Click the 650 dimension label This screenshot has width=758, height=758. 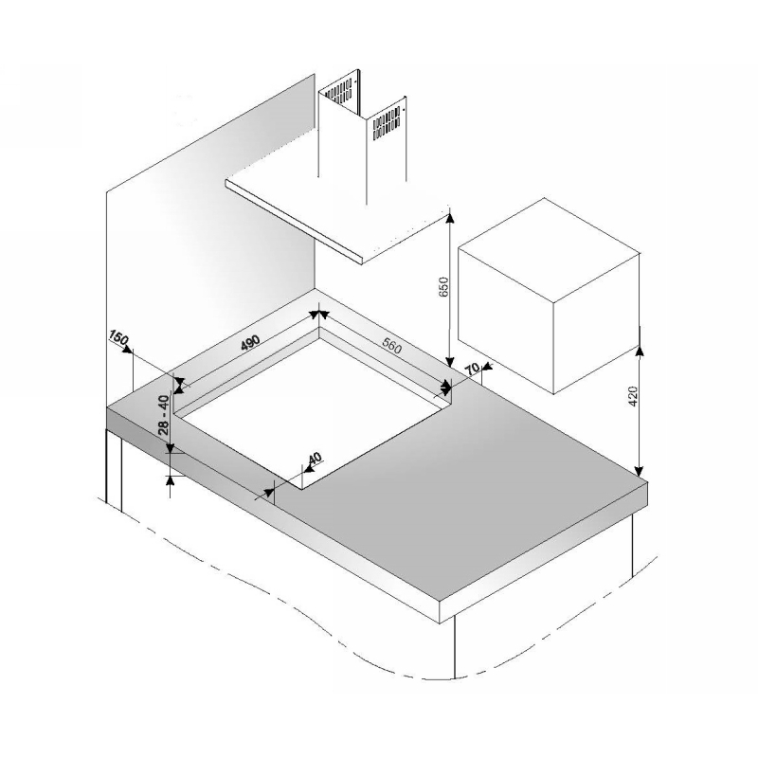pyautogui.click(x=443, y=287)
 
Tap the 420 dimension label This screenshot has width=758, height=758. pyautogui.click(x=633, y=396)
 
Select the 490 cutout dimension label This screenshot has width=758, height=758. pyautogui.click(x=250, y=342)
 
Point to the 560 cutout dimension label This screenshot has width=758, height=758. pyautogui.click(x=391, y=345)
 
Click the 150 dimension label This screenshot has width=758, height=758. pyautogui.click(x=118, y=337)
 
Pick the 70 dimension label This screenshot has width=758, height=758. pyautogui.click(x=473, y=369)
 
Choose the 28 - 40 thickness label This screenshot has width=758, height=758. pyautogui.click(x=164, y=415)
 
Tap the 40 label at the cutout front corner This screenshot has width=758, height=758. pyautogui.click(x=314, y=459)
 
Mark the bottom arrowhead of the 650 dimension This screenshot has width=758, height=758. pyautogui.click(x=450, y=360)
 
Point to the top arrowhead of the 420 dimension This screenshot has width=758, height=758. pyautogui.click(x=639, y=351)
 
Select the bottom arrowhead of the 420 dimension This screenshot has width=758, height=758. pyautogui.click(x=639, y=471)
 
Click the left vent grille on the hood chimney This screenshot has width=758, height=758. pyautogui.click(x=338, y=92)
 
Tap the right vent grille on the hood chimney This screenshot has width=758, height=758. pyautogui.click(x=387, y=122)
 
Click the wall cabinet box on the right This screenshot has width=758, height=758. pyautogui.click(x=549, y=296)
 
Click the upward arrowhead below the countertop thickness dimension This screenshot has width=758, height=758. pyautogui.click(x=171, y=480)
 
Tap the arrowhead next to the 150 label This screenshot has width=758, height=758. pyautogui.click(x=128, y=349)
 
